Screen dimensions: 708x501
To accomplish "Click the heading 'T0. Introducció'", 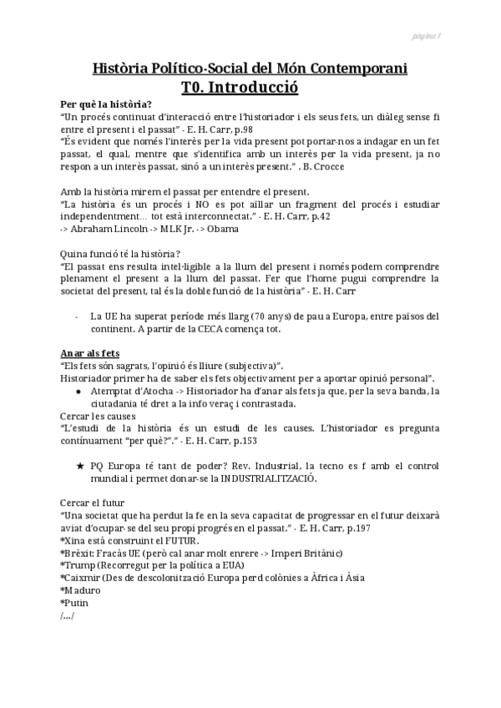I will click(x=240, y=86).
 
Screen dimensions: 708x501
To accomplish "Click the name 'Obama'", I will click(x=223, y=229).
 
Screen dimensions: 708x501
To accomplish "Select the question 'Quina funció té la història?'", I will click(x=121, y=254).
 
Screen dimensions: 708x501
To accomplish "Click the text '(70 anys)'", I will click(x=251, y=316).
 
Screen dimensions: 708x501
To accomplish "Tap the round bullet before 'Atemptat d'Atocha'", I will click(x=78, y=391).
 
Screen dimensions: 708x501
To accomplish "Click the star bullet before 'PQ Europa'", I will click(x=78, y=465).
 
